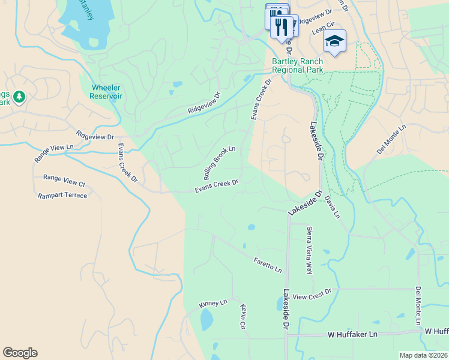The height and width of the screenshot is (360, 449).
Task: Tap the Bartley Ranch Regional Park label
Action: click(297, 66)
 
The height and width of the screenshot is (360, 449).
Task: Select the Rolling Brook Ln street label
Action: click(220, 163)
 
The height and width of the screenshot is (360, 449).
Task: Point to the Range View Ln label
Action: click(53, 154)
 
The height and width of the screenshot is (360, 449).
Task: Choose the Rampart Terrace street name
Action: click(62, 196)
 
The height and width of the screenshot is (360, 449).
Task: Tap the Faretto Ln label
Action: click(268, 265)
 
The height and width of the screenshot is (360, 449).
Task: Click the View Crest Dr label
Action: click(312, 294)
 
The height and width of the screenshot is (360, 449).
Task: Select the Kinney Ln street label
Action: click(213, 304)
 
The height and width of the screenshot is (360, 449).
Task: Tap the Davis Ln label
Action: click(332, 206)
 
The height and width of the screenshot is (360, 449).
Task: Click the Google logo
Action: click(20, 353)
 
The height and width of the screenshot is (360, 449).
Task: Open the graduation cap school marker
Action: click(334, 41)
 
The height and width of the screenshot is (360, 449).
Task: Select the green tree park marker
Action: click(19, 96)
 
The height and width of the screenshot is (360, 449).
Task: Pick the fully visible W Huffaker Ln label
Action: click(354, 334)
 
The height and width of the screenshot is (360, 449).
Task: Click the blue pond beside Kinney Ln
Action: click(206, 321)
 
